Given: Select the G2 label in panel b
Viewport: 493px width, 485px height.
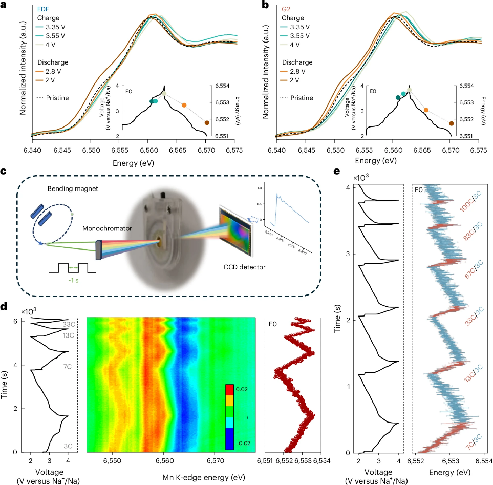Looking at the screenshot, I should [287, 9].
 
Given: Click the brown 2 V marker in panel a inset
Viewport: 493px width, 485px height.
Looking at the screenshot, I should [207, 123].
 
